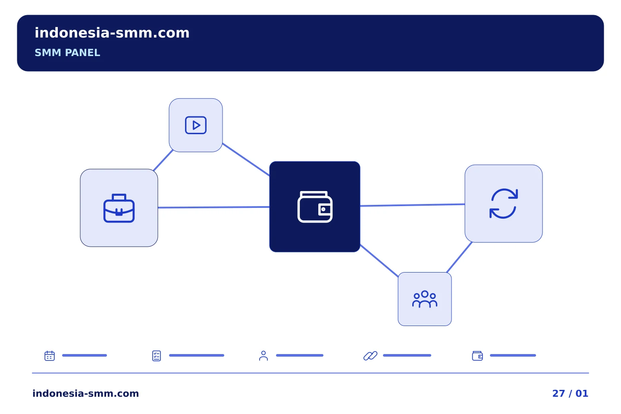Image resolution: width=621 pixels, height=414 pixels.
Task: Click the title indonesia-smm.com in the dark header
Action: [x=112, y=33]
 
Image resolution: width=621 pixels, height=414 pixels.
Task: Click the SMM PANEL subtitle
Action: [x=67, y=53]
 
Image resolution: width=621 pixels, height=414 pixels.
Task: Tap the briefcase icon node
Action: [x=119, y=208]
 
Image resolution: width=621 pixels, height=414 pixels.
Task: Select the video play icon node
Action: [x=196, y=125]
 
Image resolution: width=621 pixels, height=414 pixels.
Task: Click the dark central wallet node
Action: [x=315, y=207]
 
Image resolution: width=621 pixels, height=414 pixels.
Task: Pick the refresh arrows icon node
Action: [x=503, y=204]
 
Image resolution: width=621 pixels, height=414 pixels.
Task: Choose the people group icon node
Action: [x=425, y=299]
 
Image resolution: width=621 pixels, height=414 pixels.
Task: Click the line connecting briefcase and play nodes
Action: [x=163, y=160]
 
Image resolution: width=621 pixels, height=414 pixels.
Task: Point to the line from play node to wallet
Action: [x=246, y=160]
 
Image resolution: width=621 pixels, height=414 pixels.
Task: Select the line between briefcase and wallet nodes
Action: [x=213, y=207]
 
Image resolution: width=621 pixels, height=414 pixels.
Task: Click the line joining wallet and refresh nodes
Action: [x=413, y=205]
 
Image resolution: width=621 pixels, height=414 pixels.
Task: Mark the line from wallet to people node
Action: [x=379, y=260]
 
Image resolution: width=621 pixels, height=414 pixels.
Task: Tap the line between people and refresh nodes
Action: [x=459, y=257]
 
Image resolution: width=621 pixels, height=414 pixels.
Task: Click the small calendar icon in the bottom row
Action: [x=50, y=355]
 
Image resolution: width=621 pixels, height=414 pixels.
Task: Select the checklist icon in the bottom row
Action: [x=157, y=356]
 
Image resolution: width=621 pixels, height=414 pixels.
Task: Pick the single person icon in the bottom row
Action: [x=263, y=356]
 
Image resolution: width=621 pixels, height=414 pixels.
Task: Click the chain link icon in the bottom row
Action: [x=370, y=356]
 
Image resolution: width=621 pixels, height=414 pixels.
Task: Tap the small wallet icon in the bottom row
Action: [x=477, y=356]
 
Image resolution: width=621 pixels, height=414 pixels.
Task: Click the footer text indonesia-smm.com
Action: [x=86, y=393]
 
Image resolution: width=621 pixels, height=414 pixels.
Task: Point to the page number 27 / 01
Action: [x=570, y=393]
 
